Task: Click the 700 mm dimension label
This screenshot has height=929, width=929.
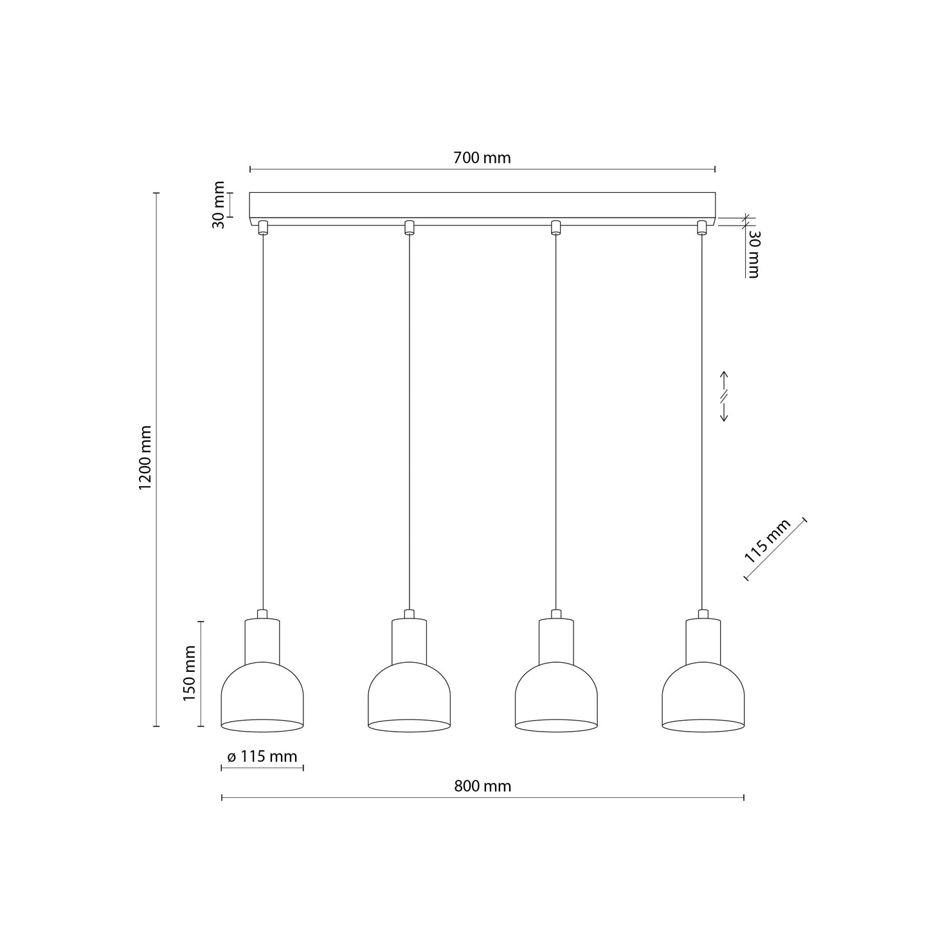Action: tap(482, 158)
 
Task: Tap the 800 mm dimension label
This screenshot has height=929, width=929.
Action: tap(482, 786)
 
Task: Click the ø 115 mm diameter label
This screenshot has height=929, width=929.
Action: tap(262, 757)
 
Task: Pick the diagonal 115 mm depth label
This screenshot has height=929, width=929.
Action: tap(768, 541)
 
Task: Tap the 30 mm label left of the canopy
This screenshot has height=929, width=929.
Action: tap(219, 205)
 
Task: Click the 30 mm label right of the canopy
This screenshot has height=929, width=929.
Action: tap(753, 255)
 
